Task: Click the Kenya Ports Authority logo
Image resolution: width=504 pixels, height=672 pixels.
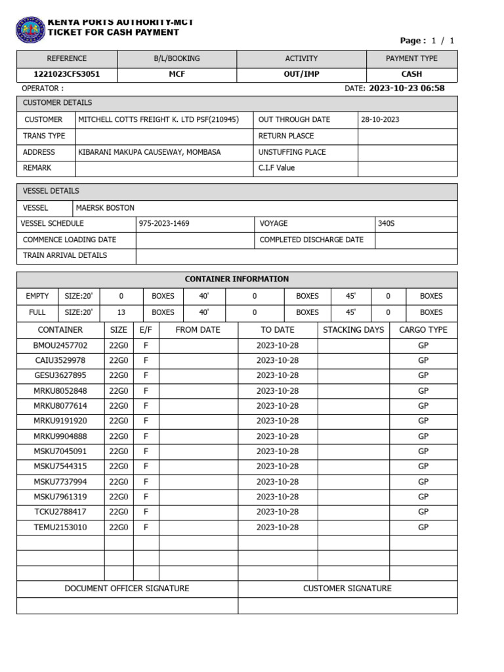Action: pos(30,30)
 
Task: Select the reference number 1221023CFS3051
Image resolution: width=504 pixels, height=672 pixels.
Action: pos(67,74)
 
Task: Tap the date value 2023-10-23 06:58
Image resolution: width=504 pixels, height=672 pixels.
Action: pos(406,89)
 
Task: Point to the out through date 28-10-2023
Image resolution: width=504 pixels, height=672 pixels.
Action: pos(380,119)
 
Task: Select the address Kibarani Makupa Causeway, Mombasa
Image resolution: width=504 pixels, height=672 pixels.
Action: pos(150,152)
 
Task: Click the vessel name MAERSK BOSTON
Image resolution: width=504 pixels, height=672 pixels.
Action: pos(105,207)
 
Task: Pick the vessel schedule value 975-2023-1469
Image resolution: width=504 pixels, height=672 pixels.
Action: pos(163,224)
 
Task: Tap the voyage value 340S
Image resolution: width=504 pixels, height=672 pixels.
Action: pos(387,224)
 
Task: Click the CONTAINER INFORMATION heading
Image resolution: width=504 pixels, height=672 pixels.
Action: pos(237,279)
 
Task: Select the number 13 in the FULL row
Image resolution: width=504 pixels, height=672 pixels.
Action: pos(121,312)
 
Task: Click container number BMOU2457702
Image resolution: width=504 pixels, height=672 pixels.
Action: pos(60,345)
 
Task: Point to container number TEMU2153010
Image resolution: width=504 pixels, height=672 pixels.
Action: pos(60,527)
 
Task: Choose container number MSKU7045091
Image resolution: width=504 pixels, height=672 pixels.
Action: pos(60,451)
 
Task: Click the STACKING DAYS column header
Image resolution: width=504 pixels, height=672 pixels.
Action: pos(353,329)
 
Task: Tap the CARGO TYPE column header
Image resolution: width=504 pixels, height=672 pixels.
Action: pos(423,329)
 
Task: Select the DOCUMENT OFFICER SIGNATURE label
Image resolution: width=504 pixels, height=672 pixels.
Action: pos(127,589)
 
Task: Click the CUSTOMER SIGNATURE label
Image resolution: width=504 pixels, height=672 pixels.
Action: pos(347,589)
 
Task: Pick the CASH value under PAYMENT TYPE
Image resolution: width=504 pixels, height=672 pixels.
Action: pos(411,74)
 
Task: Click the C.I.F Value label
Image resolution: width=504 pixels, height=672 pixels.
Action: pos(277,168)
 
